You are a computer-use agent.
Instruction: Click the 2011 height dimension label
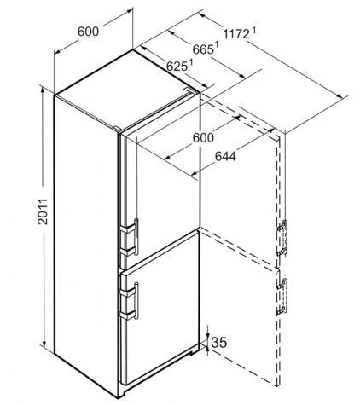tap(43, 211)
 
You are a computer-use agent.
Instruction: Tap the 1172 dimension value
tap(236, 34)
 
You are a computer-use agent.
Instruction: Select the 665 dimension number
tap(203, 49)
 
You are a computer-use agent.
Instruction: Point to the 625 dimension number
tap(177, 67)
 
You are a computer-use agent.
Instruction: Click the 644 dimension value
tap(225, 156)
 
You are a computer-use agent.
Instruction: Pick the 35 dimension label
tap(219, 343)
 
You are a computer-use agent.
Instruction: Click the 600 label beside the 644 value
tap(203, 138)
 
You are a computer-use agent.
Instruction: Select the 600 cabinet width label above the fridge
tap(88, 32)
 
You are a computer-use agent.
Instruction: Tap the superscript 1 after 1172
tap(253, 30)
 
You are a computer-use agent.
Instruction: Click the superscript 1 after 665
tap(217, 45)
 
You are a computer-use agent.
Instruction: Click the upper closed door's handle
tap(136, 236)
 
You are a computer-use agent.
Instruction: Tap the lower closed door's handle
tap(136, 301)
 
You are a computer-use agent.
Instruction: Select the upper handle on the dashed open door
tap(282, 238)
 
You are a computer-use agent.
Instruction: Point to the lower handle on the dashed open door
tap(282, 297)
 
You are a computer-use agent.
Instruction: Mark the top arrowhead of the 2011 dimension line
tap(43, 90)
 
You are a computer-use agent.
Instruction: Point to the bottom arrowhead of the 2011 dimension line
tap(44, 344)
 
